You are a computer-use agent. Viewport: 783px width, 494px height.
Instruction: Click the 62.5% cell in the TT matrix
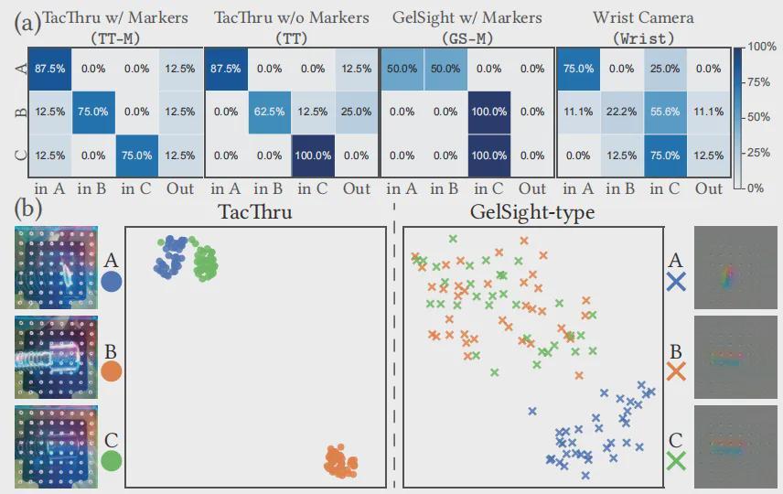click(x=269, y=113)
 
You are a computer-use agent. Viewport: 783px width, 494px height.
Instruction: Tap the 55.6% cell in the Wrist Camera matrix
click(x=665, y=113)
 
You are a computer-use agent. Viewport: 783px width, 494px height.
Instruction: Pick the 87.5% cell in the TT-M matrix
click(x=50, y=69)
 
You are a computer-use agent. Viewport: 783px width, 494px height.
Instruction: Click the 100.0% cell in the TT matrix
click(x=313, y=156)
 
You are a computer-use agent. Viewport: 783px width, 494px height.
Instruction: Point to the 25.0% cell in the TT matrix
click(x=357, y=113)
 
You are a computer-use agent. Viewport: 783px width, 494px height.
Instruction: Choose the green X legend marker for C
click(x=676, y=461)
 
